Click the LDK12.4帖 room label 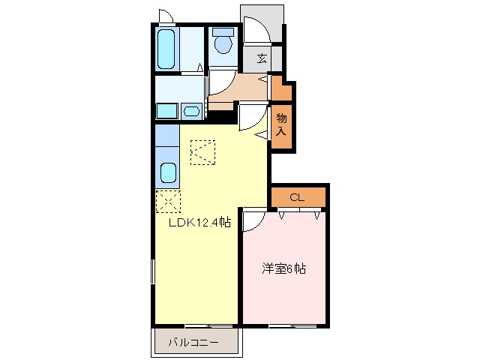(x=198, y=223)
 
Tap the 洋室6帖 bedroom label (x=283, y=268)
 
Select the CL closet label (x=297, y=198)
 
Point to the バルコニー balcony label (x=193, y=343)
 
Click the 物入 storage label (x=281, y=124)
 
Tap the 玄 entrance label (x=262, y=58)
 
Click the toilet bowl (x=222, y=43)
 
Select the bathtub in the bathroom (x=167, y=49)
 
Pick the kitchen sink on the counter (x=168, y=175)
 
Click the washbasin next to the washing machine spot (x=191, y=112)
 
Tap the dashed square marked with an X (x=167, y=202)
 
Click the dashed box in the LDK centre (x=202, y=152)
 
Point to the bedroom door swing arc (x=252, y=220)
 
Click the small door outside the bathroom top (x=166, y=17)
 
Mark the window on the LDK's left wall (x=153, y=271)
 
